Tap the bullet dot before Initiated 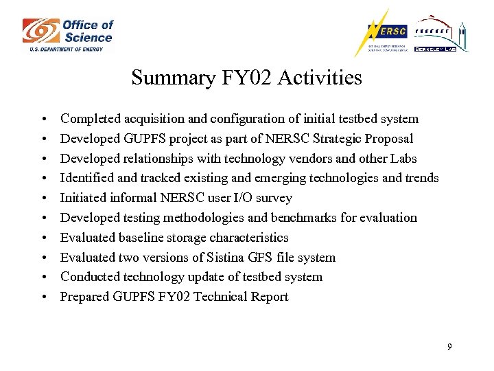tap(43, 199)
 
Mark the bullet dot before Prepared tap(43, 297)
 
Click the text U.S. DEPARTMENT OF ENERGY tap(66, 49)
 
